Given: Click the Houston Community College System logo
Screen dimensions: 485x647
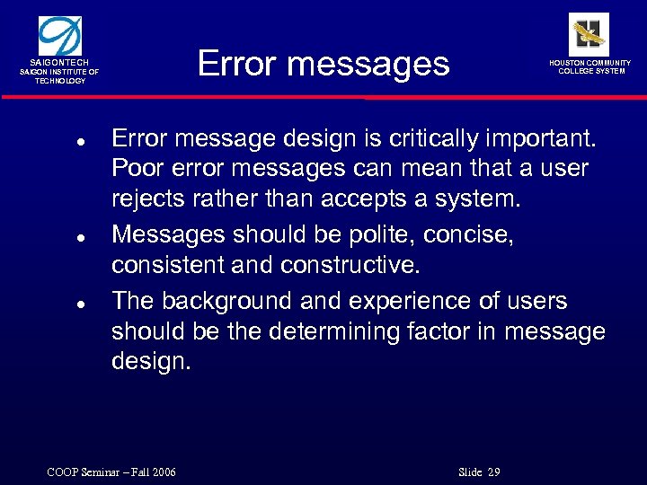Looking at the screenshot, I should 589,34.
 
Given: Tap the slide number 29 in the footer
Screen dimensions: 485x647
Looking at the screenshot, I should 493,472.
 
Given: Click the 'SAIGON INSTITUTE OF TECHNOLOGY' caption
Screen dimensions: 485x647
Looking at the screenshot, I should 60,75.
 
